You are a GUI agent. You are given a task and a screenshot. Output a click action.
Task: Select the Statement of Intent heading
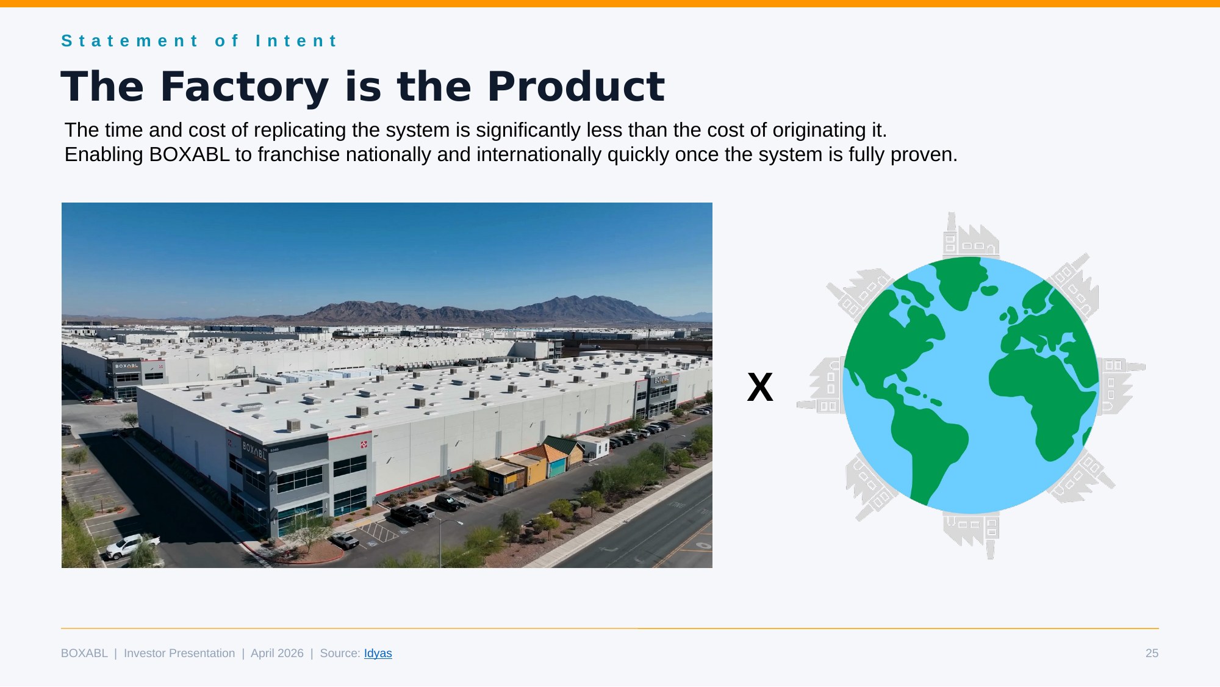(x=199, y=41)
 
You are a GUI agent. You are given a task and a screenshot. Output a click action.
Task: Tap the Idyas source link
(x=378, y=653)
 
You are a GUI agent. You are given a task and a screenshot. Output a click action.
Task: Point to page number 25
(x=1151, y=653)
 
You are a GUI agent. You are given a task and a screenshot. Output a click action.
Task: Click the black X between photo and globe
(x=760, y=387)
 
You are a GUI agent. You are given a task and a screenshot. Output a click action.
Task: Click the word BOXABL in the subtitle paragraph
(x=189, y=155)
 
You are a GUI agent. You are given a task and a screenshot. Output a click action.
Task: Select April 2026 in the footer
(x=277, y=653)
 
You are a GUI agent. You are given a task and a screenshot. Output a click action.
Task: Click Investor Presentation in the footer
(x=179, y=653)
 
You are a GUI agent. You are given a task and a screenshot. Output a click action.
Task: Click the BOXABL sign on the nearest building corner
(x=254, y=450)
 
